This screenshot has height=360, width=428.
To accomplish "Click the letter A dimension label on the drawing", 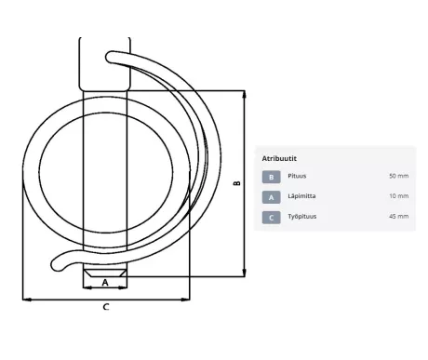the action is pos(105,283).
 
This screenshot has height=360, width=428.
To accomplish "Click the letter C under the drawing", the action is pos(106,307).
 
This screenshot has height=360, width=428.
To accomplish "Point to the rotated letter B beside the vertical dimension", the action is pos(237,183).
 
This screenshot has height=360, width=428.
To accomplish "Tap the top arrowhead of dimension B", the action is pos(245,95).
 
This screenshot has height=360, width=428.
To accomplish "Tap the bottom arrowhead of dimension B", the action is pos(245,273).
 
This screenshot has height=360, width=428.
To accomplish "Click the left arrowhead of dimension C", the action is pos(27,300).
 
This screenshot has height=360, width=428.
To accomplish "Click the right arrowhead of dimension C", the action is pos(185,300).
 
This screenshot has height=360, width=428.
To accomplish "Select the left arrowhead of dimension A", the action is pos(87,287).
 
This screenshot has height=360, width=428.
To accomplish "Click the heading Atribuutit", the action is pos(279,158).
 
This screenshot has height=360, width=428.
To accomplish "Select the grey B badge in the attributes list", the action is pos(271,177).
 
